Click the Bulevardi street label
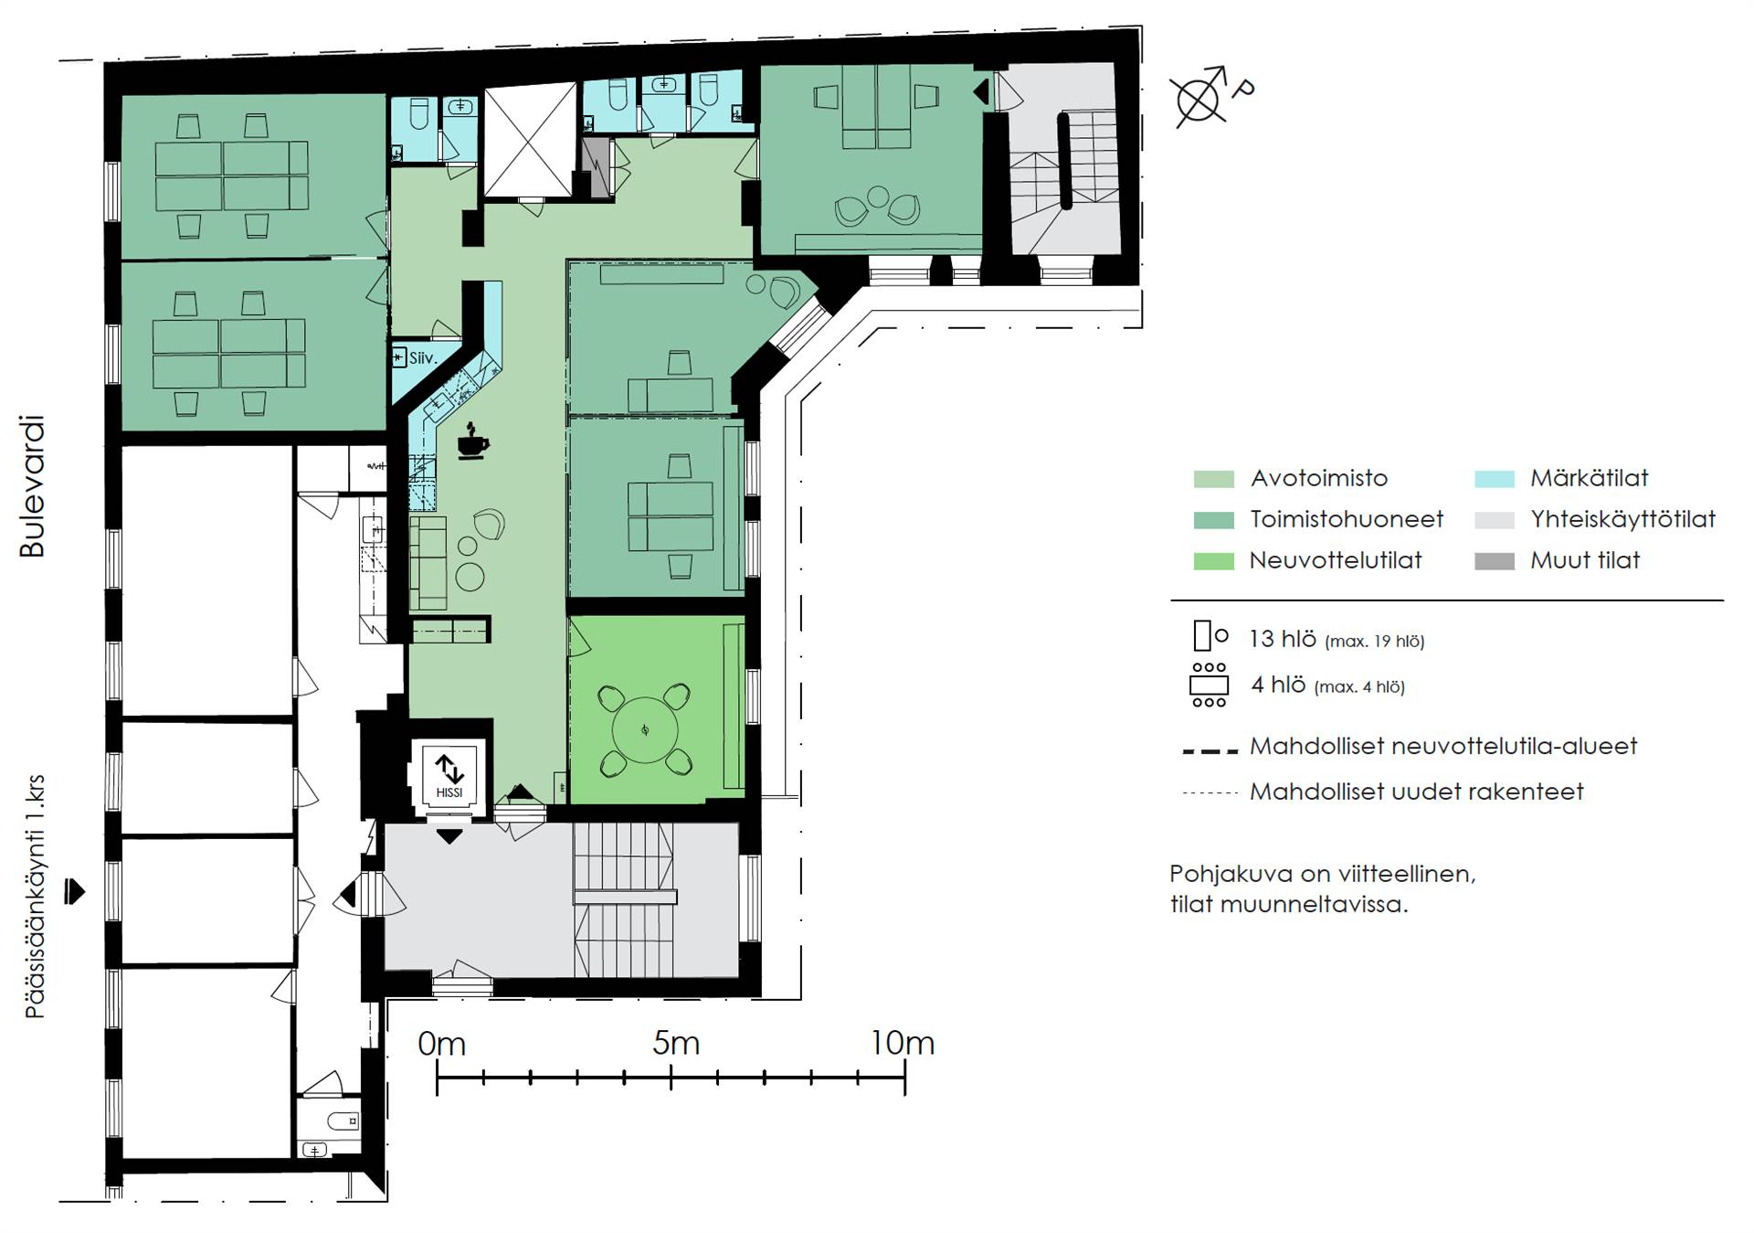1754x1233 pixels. [x=32, y=486]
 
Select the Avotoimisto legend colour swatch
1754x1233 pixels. [x=1213, y=479]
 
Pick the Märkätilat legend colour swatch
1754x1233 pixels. [x=1495, y=479]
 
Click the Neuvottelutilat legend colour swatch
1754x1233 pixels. [x=1213, y=561]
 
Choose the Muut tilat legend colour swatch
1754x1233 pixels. [x=1495, y=561]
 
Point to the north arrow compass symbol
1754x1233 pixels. [x=1199, y=96]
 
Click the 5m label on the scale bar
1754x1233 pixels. [x=676, y=1043]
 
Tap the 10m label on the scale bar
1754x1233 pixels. [x=902, y=1043]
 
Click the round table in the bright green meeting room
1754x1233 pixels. [x=645, y=729]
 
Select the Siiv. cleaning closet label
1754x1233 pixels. [x=423, y=358]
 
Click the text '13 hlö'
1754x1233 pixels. [x=1282, y=638]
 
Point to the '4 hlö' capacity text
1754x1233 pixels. [x=1278, y=685]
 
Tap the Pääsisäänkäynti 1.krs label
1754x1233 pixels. [x=35, y=897]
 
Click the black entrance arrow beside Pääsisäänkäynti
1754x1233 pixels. [x=75, y=891]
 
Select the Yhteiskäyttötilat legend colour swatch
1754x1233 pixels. [x=1495, y=520]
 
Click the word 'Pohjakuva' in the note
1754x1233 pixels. [x=1231, y=874]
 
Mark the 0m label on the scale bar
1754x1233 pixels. [x=441, y=1043]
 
